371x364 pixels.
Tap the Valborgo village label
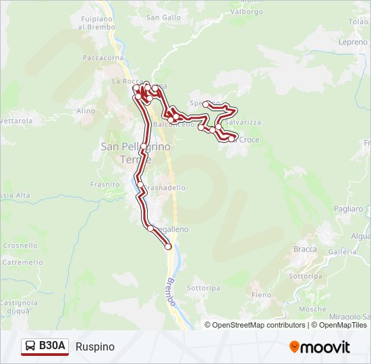point(247,11)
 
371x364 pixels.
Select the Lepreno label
point(353,42)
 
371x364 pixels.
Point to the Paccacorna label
point(100,58)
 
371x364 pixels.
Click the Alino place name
point(86,111)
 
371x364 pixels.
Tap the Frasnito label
point(105,183)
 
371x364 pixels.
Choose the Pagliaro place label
point(348,209)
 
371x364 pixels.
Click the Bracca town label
point(305,249)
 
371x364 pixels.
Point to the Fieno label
point(261,295)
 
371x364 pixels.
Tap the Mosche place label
point(312,309)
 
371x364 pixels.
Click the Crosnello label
point(20,246)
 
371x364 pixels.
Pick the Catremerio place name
point(22,262)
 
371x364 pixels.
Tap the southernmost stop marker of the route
point(168,247)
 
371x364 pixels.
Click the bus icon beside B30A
point(30,346)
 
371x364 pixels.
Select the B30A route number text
point(52,346)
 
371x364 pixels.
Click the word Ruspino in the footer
point(95,347)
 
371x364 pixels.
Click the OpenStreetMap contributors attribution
point(259,325)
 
